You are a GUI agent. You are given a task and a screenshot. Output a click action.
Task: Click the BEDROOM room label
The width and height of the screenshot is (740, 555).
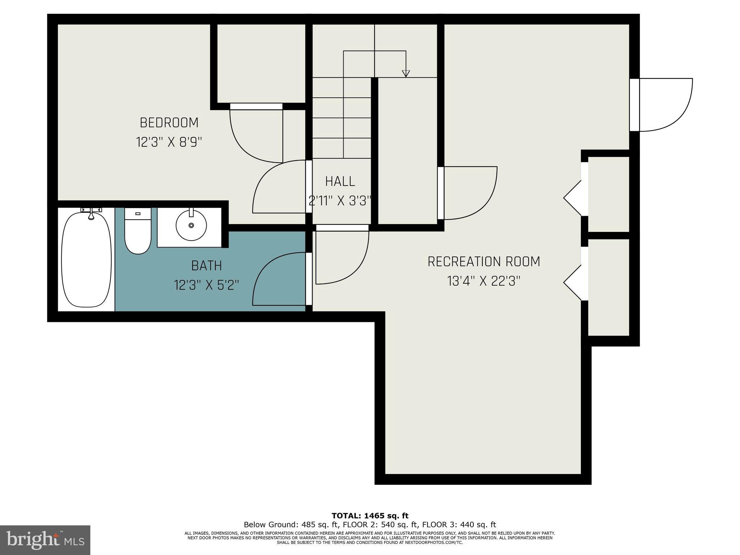(169, 123)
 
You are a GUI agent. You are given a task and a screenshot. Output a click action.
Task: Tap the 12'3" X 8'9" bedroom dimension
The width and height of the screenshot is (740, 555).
(169, 142)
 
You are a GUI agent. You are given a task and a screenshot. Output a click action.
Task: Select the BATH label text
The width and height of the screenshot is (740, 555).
(206, 266)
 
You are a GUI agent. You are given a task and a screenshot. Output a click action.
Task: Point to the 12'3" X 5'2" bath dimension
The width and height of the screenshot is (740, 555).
(206, 285)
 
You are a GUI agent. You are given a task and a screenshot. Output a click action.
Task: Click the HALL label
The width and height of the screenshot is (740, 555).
(340, 181)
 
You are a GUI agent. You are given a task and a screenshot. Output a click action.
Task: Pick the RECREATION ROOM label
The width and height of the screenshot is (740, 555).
(483, 262)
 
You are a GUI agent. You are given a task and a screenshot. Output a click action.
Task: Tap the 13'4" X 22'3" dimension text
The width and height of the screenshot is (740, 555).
(483, 281)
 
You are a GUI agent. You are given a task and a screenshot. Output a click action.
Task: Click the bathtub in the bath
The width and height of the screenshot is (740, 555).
(86, 260)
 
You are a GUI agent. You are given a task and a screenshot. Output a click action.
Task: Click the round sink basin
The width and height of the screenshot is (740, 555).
(191, 225)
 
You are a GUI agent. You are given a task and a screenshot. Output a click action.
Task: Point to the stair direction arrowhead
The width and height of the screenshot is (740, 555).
(406, 74)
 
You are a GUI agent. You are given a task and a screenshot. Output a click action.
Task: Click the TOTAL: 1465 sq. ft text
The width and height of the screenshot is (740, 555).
(370, 516)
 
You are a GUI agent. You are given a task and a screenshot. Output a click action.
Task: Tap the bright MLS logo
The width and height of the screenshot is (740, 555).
(45, 540)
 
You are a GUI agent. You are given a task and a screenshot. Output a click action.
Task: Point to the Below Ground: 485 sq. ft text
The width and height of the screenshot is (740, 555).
(291, 525)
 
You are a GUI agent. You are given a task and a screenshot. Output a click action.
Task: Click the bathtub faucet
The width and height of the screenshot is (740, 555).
(91, 214)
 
